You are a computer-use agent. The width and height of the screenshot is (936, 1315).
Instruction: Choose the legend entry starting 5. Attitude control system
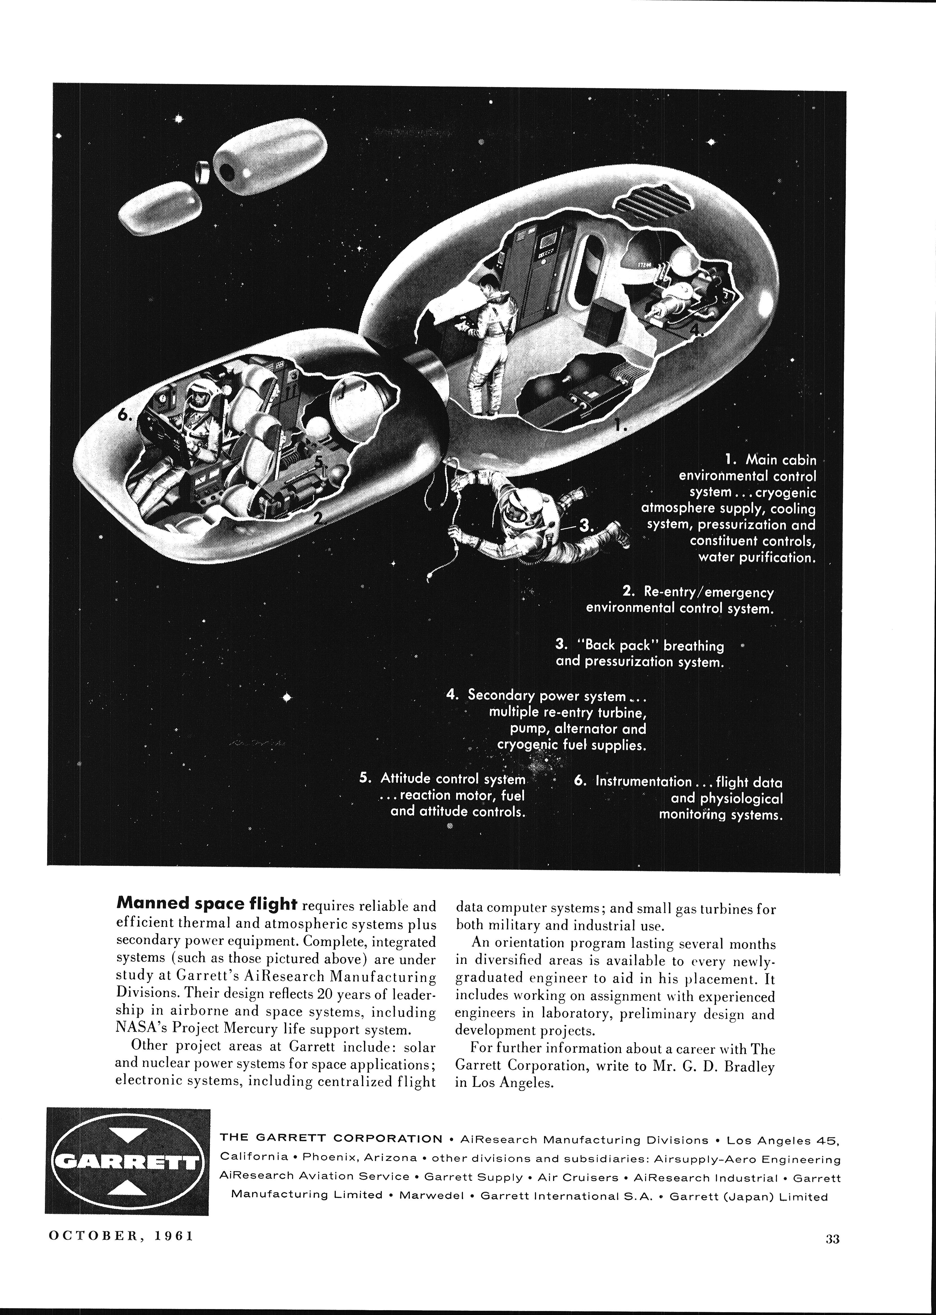[x=443, y=779]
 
